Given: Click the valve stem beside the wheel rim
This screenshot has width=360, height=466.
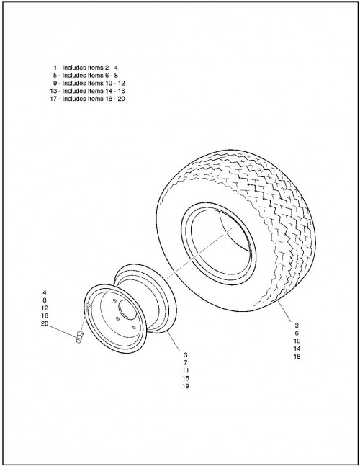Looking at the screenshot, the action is pos(80,337).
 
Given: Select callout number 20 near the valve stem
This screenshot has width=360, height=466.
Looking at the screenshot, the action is pos(45,323).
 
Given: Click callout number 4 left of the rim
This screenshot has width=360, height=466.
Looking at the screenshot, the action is pos(45,292).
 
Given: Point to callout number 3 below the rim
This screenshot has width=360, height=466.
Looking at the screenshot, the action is pos(186,355).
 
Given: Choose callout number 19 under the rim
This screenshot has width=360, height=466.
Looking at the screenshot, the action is pos(186,386).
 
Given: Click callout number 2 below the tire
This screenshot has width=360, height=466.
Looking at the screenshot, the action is pos(297,326).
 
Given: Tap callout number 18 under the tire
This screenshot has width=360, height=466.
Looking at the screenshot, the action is pos(297,357).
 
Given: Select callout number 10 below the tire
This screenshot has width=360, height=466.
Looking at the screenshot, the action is pos(297,341).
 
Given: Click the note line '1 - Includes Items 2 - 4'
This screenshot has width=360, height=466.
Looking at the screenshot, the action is pos(86,68).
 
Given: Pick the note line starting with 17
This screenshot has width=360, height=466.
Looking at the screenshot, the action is pos(87,99).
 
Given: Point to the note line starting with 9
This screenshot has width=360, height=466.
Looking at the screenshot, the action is pos(89,84).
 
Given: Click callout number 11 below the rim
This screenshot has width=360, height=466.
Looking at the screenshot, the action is pos(186,371).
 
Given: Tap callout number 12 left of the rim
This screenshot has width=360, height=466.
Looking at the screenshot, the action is pos(45,308).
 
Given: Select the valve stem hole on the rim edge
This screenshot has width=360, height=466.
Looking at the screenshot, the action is pos(89,306).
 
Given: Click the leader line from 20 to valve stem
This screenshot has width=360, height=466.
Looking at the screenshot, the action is pos(63,331).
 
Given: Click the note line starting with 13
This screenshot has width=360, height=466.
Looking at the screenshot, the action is pos(87,91).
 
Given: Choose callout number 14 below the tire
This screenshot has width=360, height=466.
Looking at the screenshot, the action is pos(297,349).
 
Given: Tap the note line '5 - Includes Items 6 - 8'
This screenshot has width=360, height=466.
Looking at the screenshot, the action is pos(86,76).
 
